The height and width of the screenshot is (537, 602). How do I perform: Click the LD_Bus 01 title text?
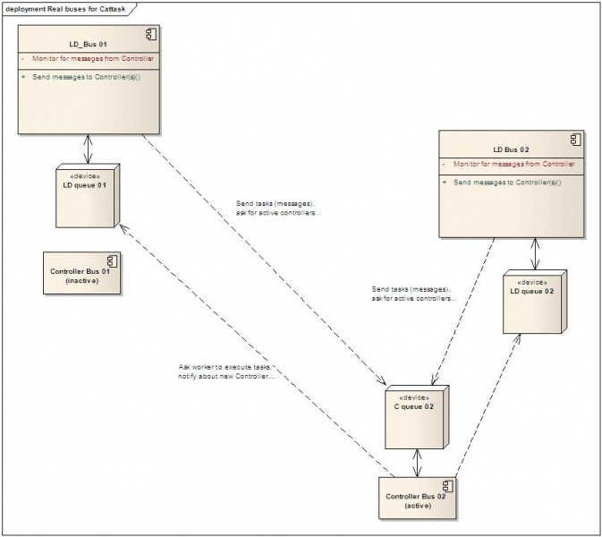pyautogui.click(x=88, y=42)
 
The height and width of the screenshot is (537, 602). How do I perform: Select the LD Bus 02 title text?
pyautogui.click(x=511, y=148)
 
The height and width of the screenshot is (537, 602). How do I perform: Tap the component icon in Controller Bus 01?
pyautogui.click(x=112, y=261)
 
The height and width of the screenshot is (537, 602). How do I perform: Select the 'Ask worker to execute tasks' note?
pyautogui.click(x=225, y=371)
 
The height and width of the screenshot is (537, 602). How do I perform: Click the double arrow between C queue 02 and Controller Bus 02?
pyautogui.click(x=415, y=463)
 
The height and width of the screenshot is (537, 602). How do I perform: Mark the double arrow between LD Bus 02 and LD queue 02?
pyautogui.click(x=535, y=254)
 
